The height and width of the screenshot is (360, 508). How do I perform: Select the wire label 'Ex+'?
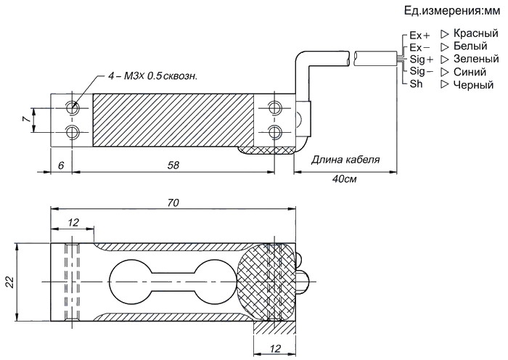(x=419, y=36)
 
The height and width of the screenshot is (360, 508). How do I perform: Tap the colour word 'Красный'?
(x=475, y=34)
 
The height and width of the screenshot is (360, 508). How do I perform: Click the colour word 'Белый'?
(x=470, y=46)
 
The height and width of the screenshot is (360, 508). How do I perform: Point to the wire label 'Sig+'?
(x=422, y=59)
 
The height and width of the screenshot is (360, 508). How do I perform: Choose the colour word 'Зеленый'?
(x=475, y=59)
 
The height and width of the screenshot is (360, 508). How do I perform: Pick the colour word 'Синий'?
(x=470, y=71)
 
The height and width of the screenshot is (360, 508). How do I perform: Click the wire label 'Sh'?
(x=416, y=83)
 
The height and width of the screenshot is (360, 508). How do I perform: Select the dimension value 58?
(x=173, y=165)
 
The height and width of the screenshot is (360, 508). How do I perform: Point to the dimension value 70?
(x=173, y=202)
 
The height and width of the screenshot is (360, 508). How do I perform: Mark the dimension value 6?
(x=61, y=165)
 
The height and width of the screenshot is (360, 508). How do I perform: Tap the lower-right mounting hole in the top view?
(x=274, y=131)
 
